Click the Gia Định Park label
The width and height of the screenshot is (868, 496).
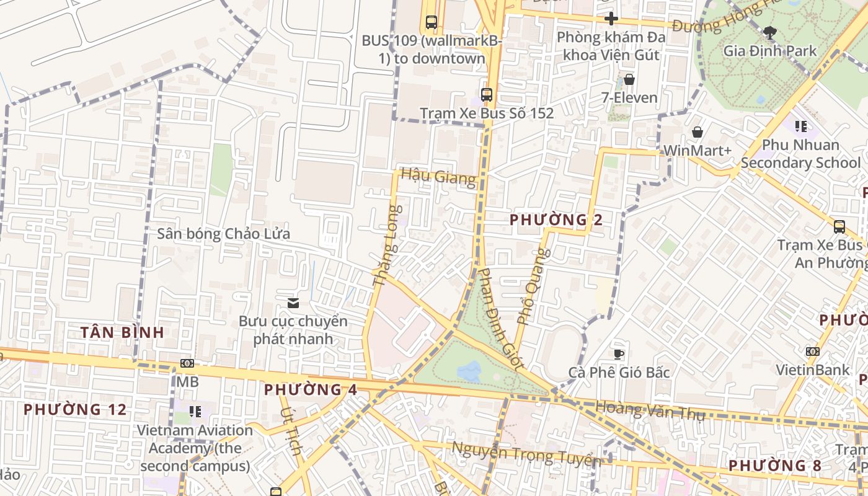[770, 51]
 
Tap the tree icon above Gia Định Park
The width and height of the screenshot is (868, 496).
[770, 32]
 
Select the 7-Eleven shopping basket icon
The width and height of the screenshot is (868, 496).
[629, 79]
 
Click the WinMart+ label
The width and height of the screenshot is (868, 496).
[697, 151]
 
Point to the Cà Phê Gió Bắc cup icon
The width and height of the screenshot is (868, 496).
[618, 354]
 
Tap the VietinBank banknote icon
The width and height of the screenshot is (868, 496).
[812, 352]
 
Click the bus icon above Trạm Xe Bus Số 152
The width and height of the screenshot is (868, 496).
[487, 95]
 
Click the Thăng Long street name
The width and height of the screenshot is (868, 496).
[388, 246]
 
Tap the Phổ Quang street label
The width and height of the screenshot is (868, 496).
[533, 286]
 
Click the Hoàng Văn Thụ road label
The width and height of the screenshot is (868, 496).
[650, 410]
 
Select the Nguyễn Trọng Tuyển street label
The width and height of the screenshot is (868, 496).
[526, 455]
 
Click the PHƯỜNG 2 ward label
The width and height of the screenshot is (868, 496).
[556, 219]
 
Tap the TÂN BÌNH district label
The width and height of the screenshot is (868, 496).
[122, 332]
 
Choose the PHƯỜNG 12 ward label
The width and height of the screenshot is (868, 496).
[75, 409]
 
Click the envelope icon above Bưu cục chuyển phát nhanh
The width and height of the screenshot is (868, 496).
[293, 303]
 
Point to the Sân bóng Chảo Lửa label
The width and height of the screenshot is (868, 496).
[223, 234]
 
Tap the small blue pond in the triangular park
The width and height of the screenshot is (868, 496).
[469, 371]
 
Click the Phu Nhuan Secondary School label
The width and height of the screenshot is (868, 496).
[800, 154]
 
